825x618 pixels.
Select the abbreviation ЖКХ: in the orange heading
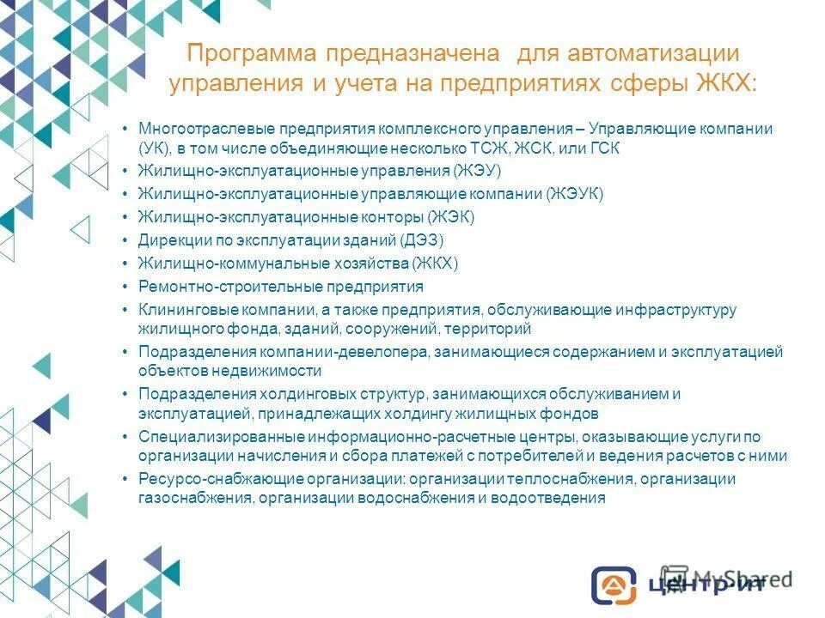[x=728, y=84]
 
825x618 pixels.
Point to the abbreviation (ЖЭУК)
[x=575, y=194]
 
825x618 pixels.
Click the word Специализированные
[x=205, y=437]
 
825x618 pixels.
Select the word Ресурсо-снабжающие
[x=204, y=479]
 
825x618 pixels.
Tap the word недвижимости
[x=274, y=371]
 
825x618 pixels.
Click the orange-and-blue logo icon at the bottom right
[x=613, y=584]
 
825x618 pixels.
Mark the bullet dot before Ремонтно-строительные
[x=125, y=287]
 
